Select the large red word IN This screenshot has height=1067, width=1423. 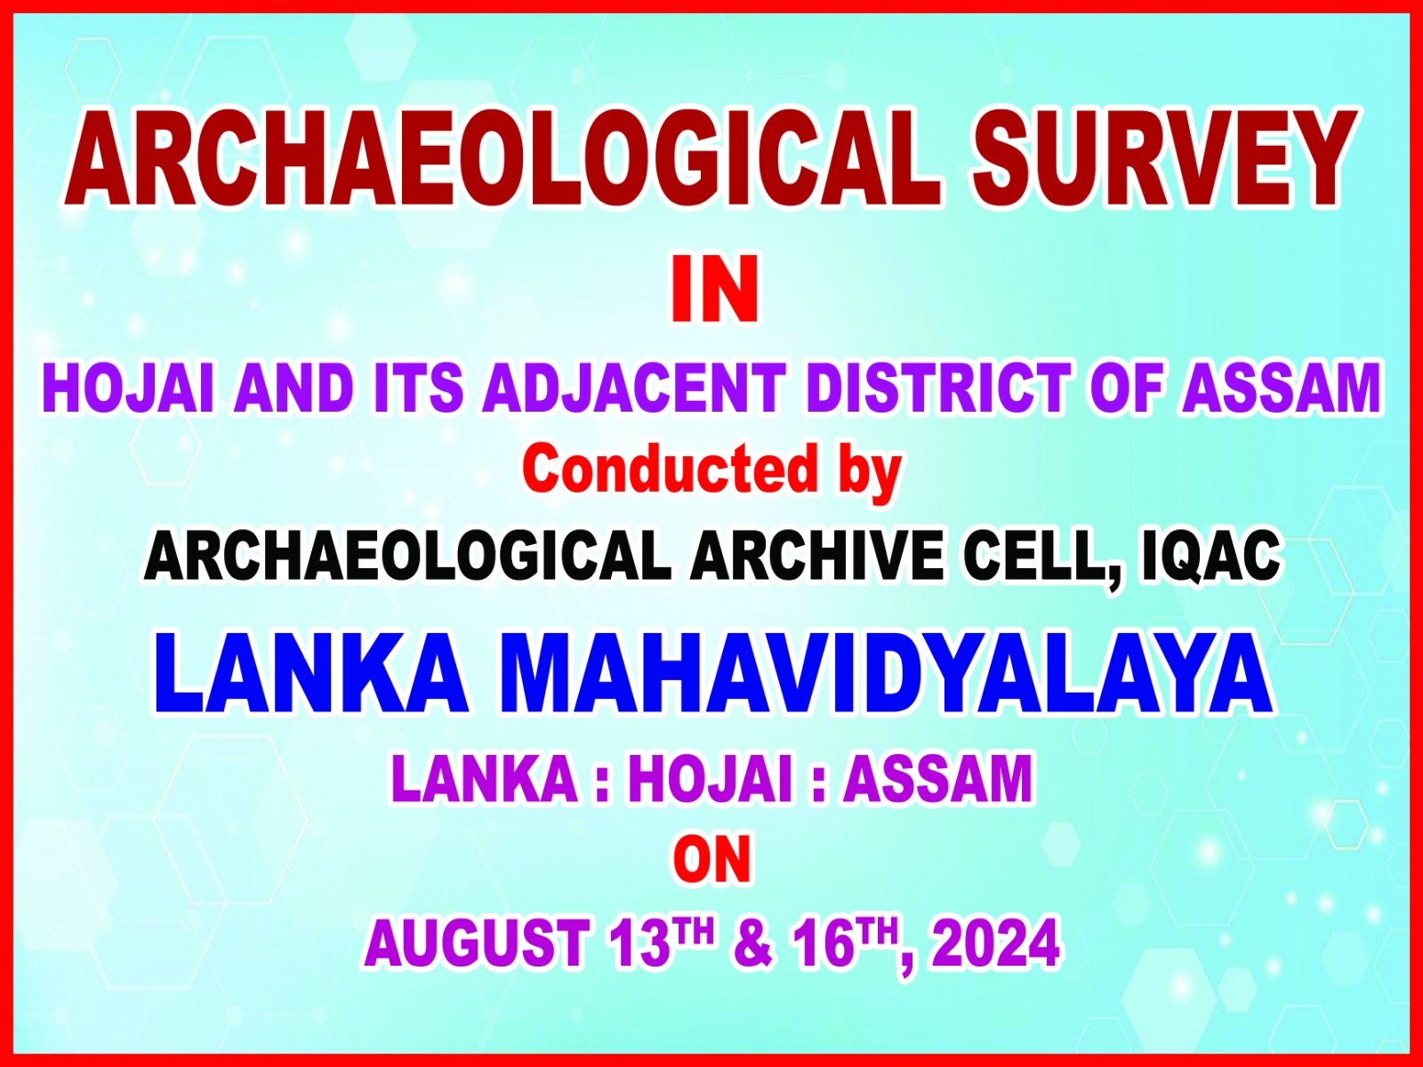(714, 289)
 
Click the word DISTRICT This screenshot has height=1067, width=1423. (939, 389)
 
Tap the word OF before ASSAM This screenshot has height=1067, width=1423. (1128, 389)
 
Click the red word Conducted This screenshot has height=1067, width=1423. (670, 469)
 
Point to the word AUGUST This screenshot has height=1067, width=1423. (477, 943)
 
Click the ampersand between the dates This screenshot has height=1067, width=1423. (754, 943)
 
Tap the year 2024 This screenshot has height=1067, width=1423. (996, 943)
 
